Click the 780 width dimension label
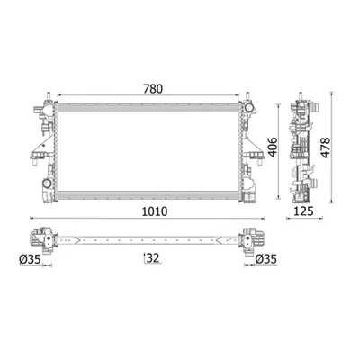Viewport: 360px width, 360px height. [x=153, y=89]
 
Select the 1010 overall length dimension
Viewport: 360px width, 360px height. [x=155, y=211]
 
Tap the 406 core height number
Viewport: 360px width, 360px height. [x=273, y=147]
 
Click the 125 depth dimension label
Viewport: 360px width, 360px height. [x=303, y=211]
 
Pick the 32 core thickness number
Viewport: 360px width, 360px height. [x=153, y=257]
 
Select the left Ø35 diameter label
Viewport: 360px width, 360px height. [x=30, y=259]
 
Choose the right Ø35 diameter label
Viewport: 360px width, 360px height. [x=266, y=259]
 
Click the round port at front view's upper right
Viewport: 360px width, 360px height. [x=248, y=107]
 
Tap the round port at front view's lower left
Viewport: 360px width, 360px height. [x=47, y=184]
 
